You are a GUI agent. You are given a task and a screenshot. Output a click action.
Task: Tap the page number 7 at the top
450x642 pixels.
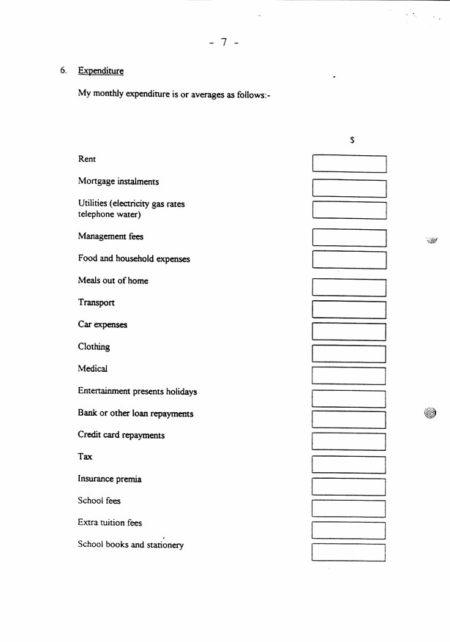[x=224, y=42]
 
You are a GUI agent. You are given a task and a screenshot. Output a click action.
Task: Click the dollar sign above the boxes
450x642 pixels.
[x=352, y=140]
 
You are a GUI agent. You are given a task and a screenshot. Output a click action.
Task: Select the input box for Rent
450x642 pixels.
[x=349, y=163]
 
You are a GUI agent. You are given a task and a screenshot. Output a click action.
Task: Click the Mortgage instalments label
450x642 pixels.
[x=118, y=182]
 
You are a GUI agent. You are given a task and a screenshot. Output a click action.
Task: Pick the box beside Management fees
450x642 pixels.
[x=349, y=238]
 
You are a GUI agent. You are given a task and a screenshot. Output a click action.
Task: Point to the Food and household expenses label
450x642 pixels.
[x=134, y=259]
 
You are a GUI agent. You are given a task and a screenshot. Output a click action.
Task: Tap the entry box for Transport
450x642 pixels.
[x=349, y=309]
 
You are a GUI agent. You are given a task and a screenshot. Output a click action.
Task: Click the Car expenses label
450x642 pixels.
[x=102, y=324]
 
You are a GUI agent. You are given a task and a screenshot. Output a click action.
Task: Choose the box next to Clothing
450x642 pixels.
[x=349, y=354]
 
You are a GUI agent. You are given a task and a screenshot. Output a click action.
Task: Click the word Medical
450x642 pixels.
[x=93, y=369]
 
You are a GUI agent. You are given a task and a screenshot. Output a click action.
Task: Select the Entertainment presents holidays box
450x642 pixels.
[x=349, y=399]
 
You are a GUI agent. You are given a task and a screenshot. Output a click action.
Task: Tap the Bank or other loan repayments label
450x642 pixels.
[x=135, y=414]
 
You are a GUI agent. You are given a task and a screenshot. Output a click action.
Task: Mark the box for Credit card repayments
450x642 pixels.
[x=349, y=441]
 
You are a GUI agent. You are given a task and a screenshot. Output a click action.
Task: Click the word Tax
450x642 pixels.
[x=85, y=457]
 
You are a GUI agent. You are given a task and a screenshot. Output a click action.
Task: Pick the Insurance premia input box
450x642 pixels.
[x=349, y=487]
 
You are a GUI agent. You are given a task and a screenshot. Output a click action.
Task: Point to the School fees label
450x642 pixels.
[x=99, y=501]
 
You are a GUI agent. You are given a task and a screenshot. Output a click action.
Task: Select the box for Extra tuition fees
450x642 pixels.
[x=349, y=531]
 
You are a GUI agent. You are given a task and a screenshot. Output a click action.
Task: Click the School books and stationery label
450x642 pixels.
[x=131, y=545]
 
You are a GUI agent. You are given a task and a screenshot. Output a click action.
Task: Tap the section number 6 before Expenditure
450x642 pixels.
[x=63, y=71]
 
